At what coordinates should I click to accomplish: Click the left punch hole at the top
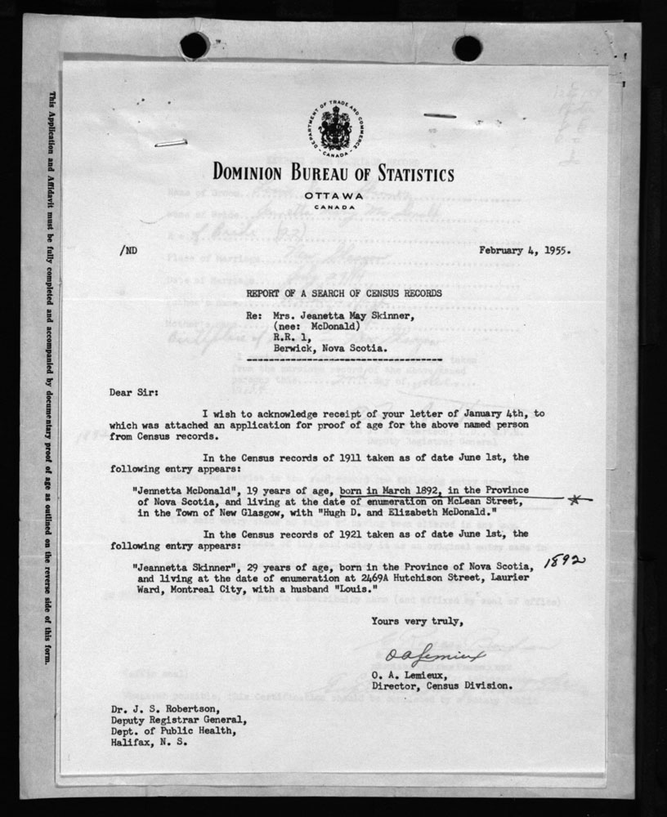[x=194, y=46]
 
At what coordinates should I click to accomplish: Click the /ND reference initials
[x=119, y=251]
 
